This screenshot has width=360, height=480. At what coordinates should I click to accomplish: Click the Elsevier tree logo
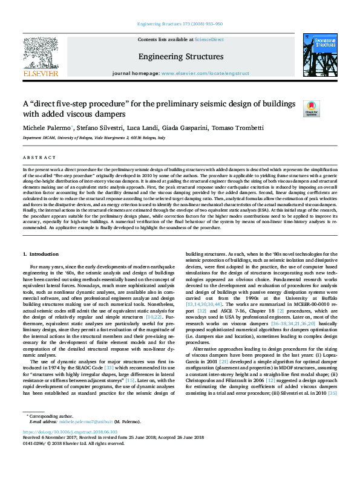[x=41, y=52]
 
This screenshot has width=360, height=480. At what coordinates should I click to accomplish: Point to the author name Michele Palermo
[x=47, y=129]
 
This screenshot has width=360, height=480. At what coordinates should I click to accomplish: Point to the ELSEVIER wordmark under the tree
[x=41, y=73]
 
